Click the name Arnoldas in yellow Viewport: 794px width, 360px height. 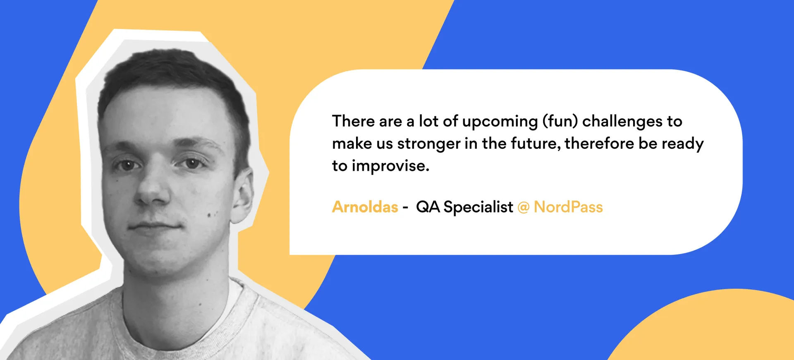coord(365,206)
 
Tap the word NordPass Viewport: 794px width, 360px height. coord(568,206)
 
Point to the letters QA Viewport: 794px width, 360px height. coord(428,206)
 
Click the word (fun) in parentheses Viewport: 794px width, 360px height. coord(560,121)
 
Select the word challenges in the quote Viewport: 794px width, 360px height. coord(622,121)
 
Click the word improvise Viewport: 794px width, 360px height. coord(390,166)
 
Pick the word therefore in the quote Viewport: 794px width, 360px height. coord(599,143)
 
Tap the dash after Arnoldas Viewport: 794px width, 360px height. coord(405,208)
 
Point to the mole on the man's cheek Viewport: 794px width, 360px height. coord(209,215)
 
